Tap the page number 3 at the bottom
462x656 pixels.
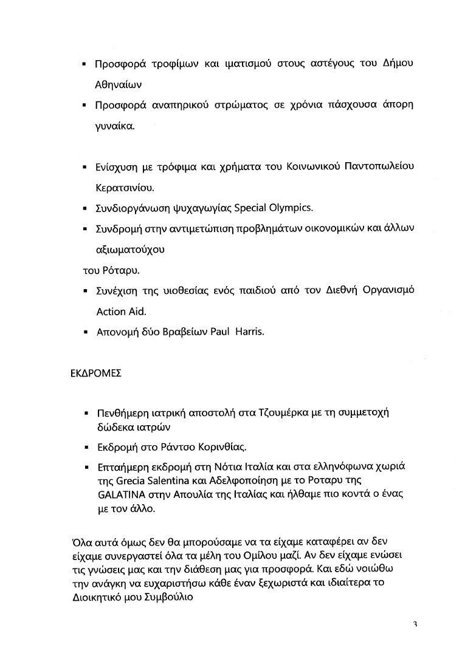pyautogui.click(x=415, y=624)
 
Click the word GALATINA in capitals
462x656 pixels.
pyautogui.click(x=122, y=494)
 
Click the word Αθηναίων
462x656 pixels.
pyautogui.click(x=119, y=85)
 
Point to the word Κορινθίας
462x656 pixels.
pyautogui.click(x=221, y=448)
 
